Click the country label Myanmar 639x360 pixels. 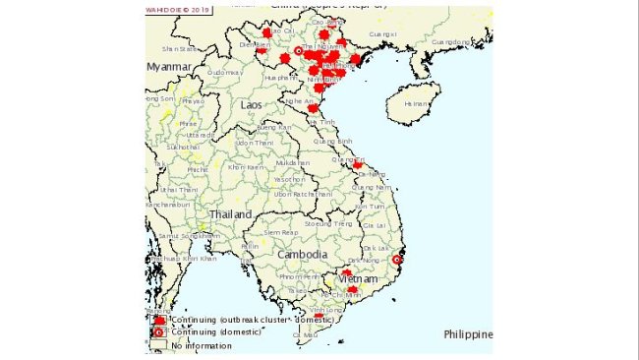point(169,66)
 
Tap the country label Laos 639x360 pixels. point(252,103)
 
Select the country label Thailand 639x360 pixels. point(229,213)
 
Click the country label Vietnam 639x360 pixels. point(356,279)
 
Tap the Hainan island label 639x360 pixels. point(418,102)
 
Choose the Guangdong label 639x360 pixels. point(451,42)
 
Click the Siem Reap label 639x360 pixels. point(267,232)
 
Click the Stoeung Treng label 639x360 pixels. point(328,224)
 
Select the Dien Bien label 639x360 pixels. point(255,44)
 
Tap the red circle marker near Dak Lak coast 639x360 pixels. point(396,260)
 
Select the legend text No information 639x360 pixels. point(192,345)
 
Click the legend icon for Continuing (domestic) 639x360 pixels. point(158,332)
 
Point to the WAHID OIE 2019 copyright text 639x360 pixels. point(180,12)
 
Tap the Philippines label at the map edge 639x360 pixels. point(467,334)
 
